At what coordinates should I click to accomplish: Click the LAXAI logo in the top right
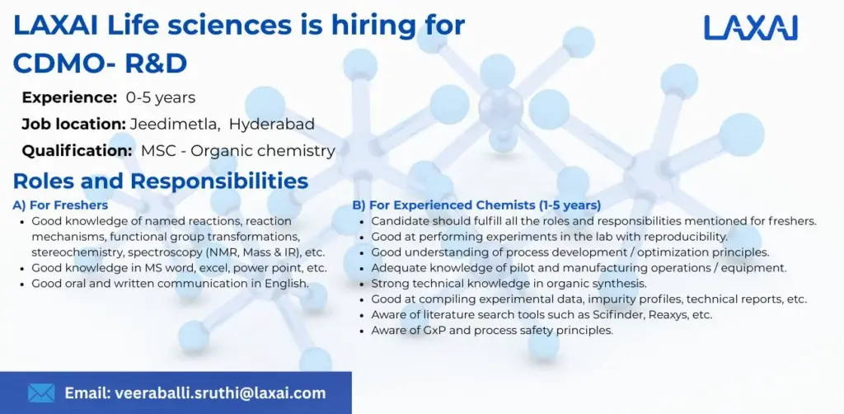coord(750,26)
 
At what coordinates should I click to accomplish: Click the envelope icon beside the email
coord(41,393)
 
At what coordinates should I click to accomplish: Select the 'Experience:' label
coord(70,97)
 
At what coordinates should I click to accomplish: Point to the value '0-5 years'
coord(161,97)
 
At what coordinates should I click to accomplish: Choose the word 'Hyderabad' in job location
coord(272,125)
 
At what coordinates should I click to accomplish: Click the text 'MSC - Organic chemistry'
coord(238,151)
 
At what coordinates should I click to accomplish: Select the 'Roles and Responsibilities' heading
coord(161,181)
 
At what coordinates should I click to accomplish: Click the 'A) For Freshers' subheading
coord(60,205)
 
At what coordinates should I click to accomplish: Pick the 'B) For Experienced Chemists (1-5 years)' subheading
coord(476,205)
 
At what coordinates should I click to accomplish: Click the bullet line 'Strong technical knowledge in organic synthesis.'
coord(485,283)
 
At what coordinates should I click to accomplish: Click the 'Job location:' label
coord(74,125)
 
